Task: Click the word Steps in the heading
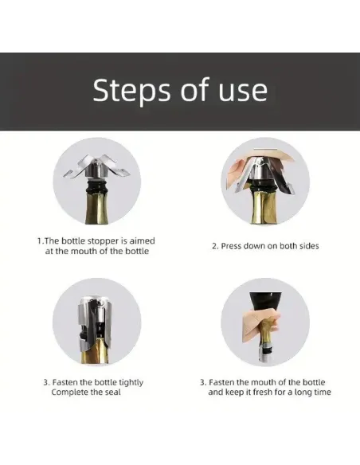(132, 91)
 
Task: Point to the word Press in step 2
(230, 246)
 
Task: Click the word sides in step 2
(309, 246)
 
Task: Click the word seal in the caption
(113, 392)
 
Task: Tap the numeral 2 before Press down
(214, 246)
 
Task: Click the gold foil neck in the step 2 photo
(264, 207)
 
